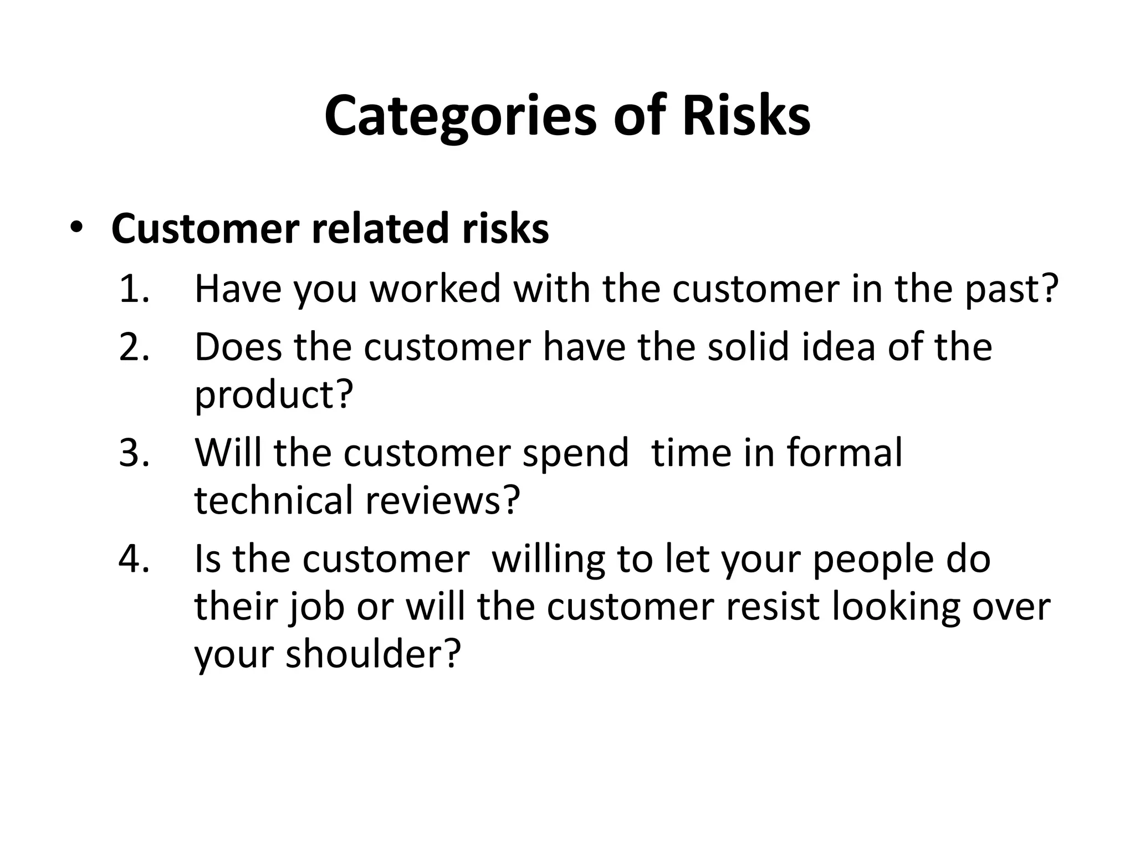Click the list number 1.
click(x=134, y=289)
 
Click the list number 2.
click(x=134, y=347)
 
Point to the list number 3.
click(x=134, y=453)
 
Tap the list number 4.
click(x=134, y=558)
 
